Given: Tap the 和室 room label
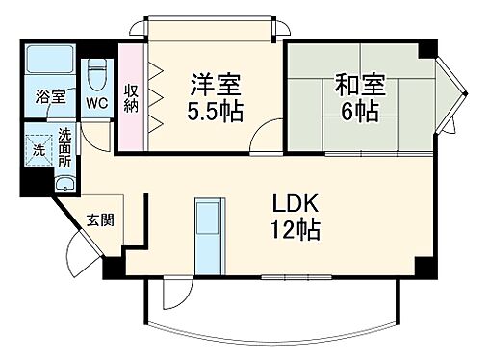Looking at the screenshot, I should click(x=355, y=84).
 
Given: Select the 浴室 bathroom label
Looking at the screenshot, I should click(x=50, y=97).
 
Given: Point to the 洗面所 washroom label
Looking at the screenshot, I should click(x=64, y=147).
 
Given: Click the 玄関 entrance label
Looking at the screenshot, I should click(x=100, y=220).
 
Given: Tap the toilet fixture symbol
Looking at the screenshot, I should click(x=96, y=68).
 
